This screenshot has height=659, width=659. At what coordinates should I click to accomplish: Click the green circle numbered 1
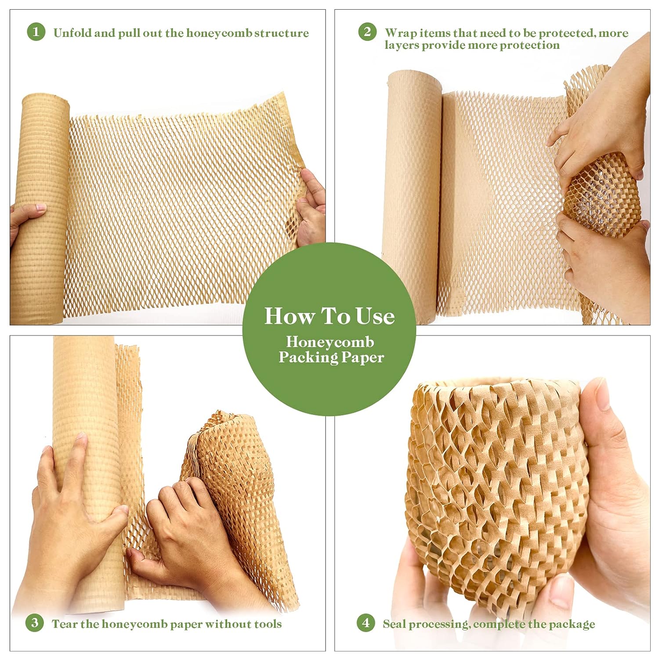click(36, 32)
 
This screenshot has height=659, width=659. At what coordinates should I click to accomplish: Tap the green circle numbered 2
click(367, 32)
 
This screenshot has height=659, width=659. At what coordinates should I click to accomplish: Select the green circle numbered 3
click(35, 623)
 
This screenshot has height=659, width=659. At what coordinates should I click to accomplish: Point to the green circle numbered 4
click(366, 623)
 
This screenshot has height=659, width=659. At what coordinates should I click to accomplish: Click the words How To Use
click(329, 316)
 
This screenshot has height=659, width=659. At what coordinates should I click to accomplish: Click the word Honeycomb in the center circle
click(330, 342)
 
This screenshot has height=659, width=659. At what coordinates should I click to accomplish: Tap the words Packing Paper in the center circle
click(331, 357)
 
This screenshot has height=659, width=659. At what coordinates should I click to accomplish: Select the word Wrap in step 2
click(400, 33)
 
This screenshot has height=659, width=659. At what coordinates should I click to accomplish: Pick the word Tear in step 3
click(66, 624)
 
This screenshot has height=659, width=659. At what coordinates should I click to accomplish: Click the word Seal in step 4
click(394, 624)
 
